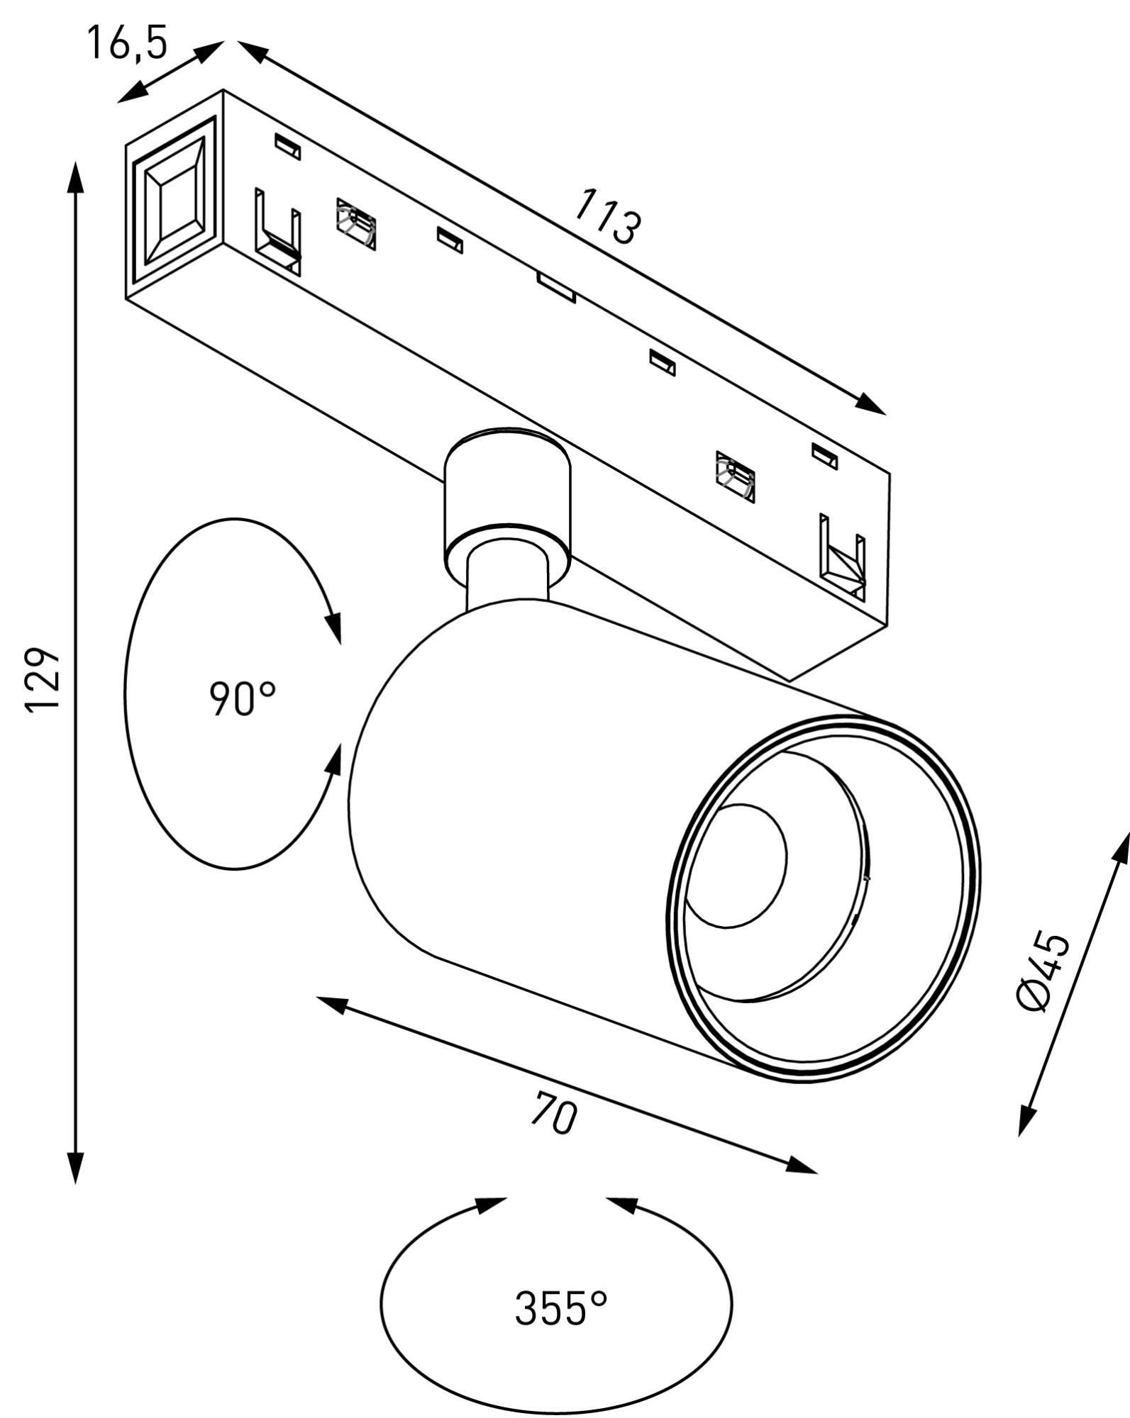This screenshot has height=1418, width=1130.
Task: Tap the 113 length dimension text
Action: pos(606,216)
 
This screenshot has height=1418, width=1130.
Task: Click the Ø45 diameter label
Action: pos(1043,972)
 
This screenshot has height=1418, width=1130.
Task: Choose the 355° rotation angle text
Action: pos(561,1308)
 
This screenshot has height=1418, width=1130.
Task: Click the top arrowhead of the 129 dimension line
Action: pos(75,177)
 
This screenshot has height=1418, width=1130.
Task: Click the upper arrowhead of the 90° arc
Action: pos(334,628)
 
